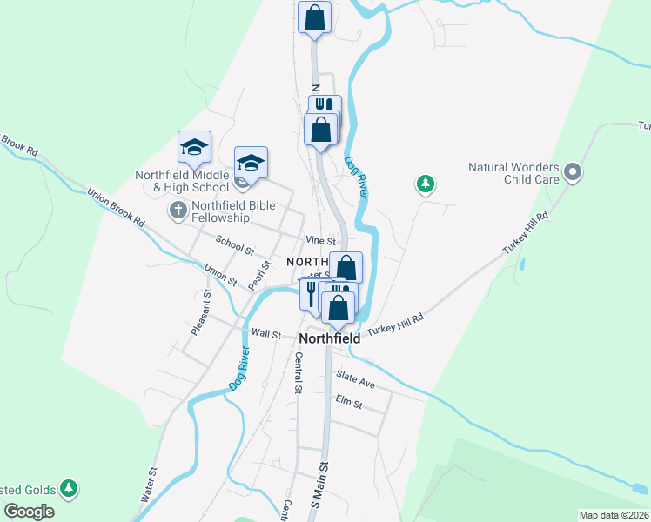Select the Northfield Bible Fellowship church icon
(178, 210)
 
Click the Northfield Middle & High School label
(182, 180)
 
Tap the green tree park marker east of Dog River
(426, 184)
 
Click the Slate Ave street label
(355, 379)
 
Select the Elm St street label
(348, 405)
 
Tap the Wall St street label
(266, 333)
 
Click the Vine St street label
(320, 240)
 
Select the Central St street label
(298, 372)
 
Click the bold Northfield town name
(330, 338)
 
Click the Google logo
(29, 512)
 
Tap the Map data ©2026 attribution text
(614, 515)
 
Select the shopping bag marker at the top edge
(314, 17)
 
